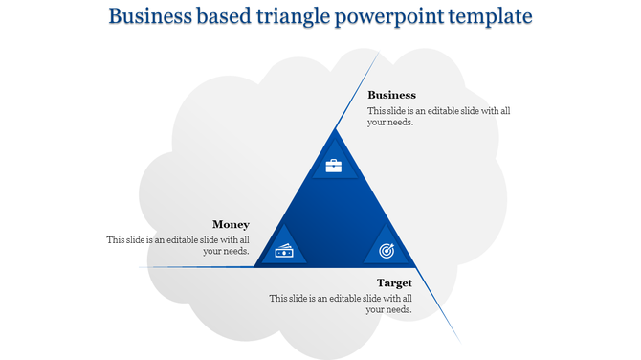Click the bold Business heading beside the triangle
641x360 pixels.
pos(391,95)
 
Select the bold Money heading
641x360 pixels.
pos(231,224)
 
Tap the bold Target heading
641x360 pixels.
pos(394,282)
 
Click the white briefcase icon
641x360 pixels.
pos(333,166)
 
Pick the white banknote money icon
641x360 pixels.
pos(285,251)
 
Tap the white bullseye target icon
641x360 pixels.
pos(386,251)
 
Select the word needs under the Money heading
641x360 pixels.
pos(236,252)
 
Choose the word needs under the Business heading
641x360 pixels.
pos(400,123)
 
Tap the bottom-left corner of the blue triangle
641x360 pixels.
pos(254,266)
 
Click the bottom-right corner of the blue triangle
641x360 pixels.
pos(416,266)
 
